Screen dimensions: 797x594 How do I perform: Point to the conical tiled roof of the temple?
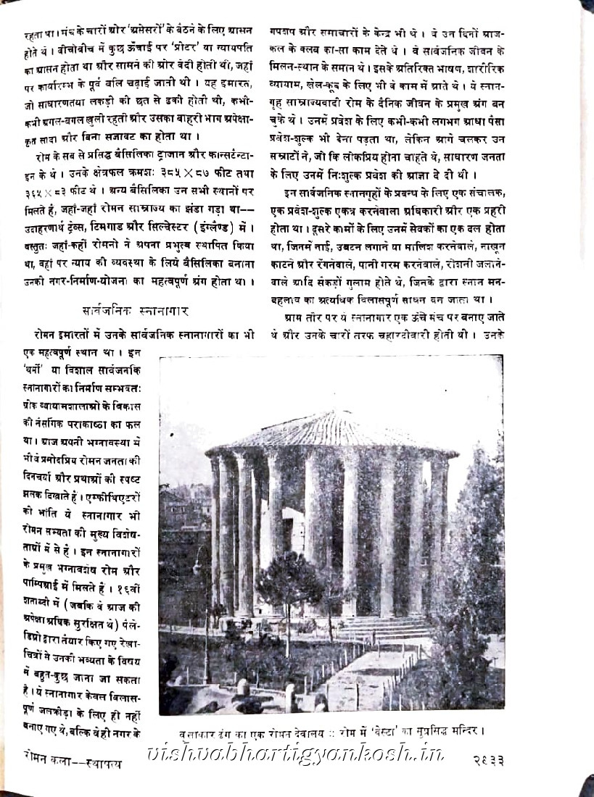(x=330, y=431)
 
